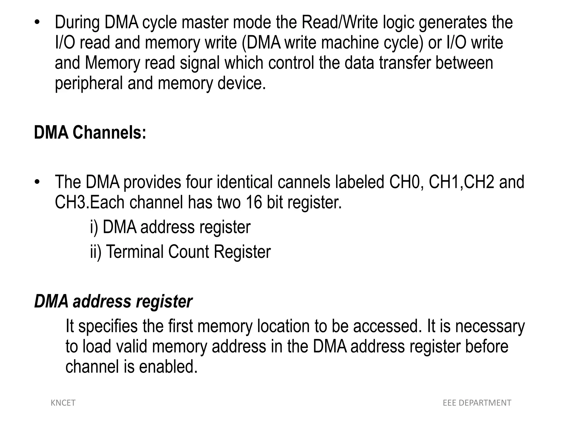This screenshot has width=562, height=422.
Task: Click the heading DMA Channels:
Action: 90,133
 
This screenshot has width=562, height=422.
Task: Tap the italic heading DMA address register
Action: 113,301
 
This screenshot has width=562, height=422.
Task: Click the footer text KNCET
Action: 63,403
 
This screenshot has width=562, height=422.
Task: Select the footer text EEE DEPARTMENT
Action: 477,403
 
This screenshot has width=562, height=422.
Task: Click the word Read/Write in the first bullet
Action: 340,23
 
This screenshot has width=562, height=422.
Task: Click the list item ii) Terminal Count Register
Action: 181,252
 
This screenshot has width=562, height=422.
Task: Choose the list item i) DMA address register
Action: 170,227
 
